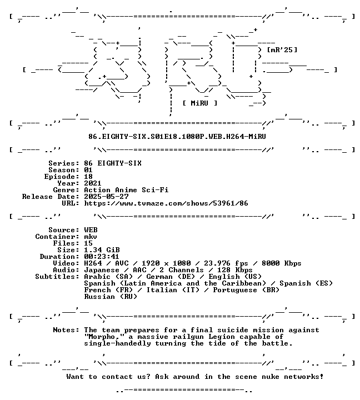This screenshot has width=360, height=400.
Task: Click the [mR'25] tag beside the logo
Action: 282,49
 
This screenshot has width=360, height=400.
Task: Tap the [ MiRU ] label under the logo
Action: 200,103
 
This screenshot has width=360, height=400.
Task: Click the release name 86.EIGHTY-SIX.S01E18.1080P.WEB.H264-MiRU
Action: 177,137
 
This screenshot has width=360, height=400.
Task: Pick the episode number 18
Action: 88,177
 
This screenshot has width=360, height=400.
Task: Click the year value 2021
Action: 93,183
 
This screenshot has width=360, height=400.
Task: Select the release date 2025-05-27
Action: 106,197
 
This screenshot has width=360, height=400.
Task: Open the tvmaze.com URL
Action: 166,203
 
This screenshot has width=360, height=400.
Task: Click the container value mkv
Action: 91,237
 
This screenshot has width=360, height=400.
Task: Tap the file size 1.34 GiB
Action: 102,250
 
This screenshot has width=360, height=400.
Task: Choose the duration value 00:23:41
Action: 102,257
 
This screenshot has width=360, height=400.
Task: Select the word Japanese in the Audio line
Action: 102,270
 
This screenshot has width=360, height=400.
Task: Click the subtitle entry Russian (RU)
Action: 111,297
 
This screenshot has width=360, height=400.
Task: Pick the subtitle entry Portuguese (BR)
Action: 246,290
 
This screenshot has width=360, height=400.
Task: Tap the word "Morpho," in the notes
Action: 104,337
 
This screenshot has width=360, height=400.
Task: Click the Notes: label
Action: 66,330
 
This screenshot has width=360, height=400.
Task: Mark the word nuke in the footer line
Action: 271,377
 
